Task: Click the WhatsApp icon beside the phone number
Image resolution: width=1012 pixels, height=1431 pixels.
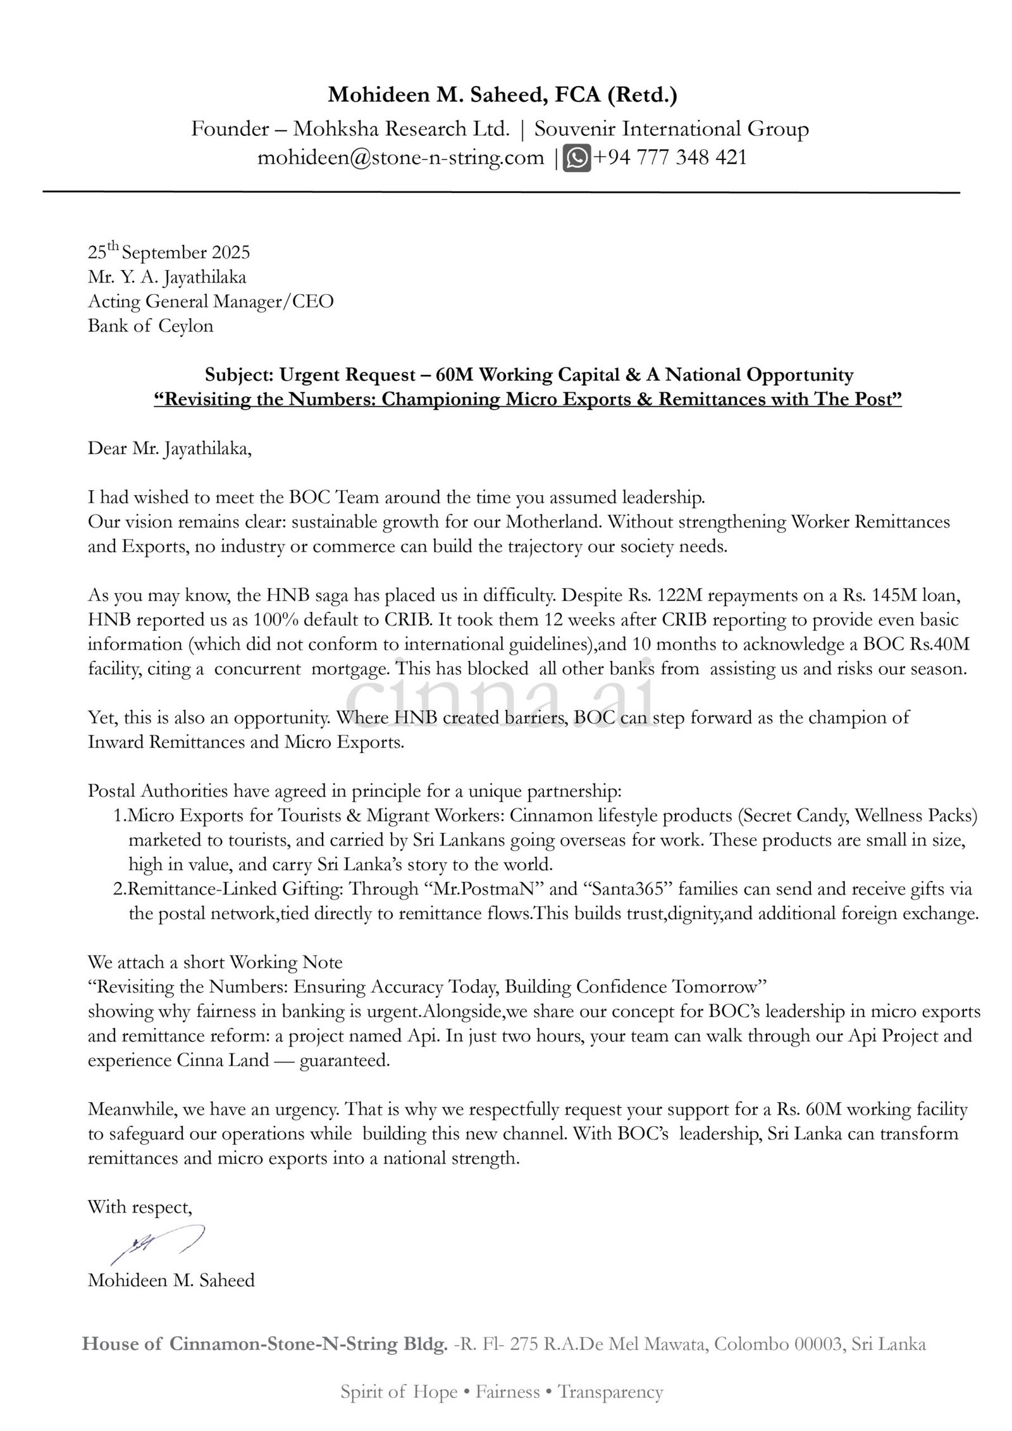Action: (x=576, y=157)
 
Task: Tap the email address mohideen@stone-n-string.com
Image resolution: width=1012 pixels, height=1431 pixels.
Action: (x=400, y=157)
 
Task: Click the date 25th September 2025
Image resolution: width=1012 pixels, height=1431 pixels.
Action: (x=169, y=253)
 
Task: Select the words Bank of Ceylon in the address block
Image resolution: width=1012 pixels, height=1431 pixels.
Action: (x=151, y=326)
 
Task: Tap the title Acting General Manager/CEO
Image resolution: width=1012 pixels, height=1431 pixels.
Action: (x=211, y=302)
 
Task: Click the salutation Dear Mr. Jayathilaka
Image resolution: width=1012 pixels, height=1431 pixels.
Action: (x=170, y=450)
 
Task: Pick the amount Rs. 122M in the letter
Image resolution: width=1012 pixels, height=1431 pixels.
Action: (x=665, y=596)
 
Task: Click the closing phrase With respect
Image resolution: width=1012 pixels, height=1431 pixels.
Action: (x=140, y=1207)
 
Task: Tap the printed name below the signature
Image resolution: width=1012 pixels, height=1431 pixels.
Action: (x=171, y=1281)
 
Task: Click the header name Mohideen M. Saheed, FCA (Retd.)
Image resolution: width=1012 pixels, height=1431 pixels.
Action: (x=502, y=95)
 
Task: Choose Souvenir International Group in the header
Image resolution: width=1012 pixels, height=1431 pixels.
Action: (x=671, y=129)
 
